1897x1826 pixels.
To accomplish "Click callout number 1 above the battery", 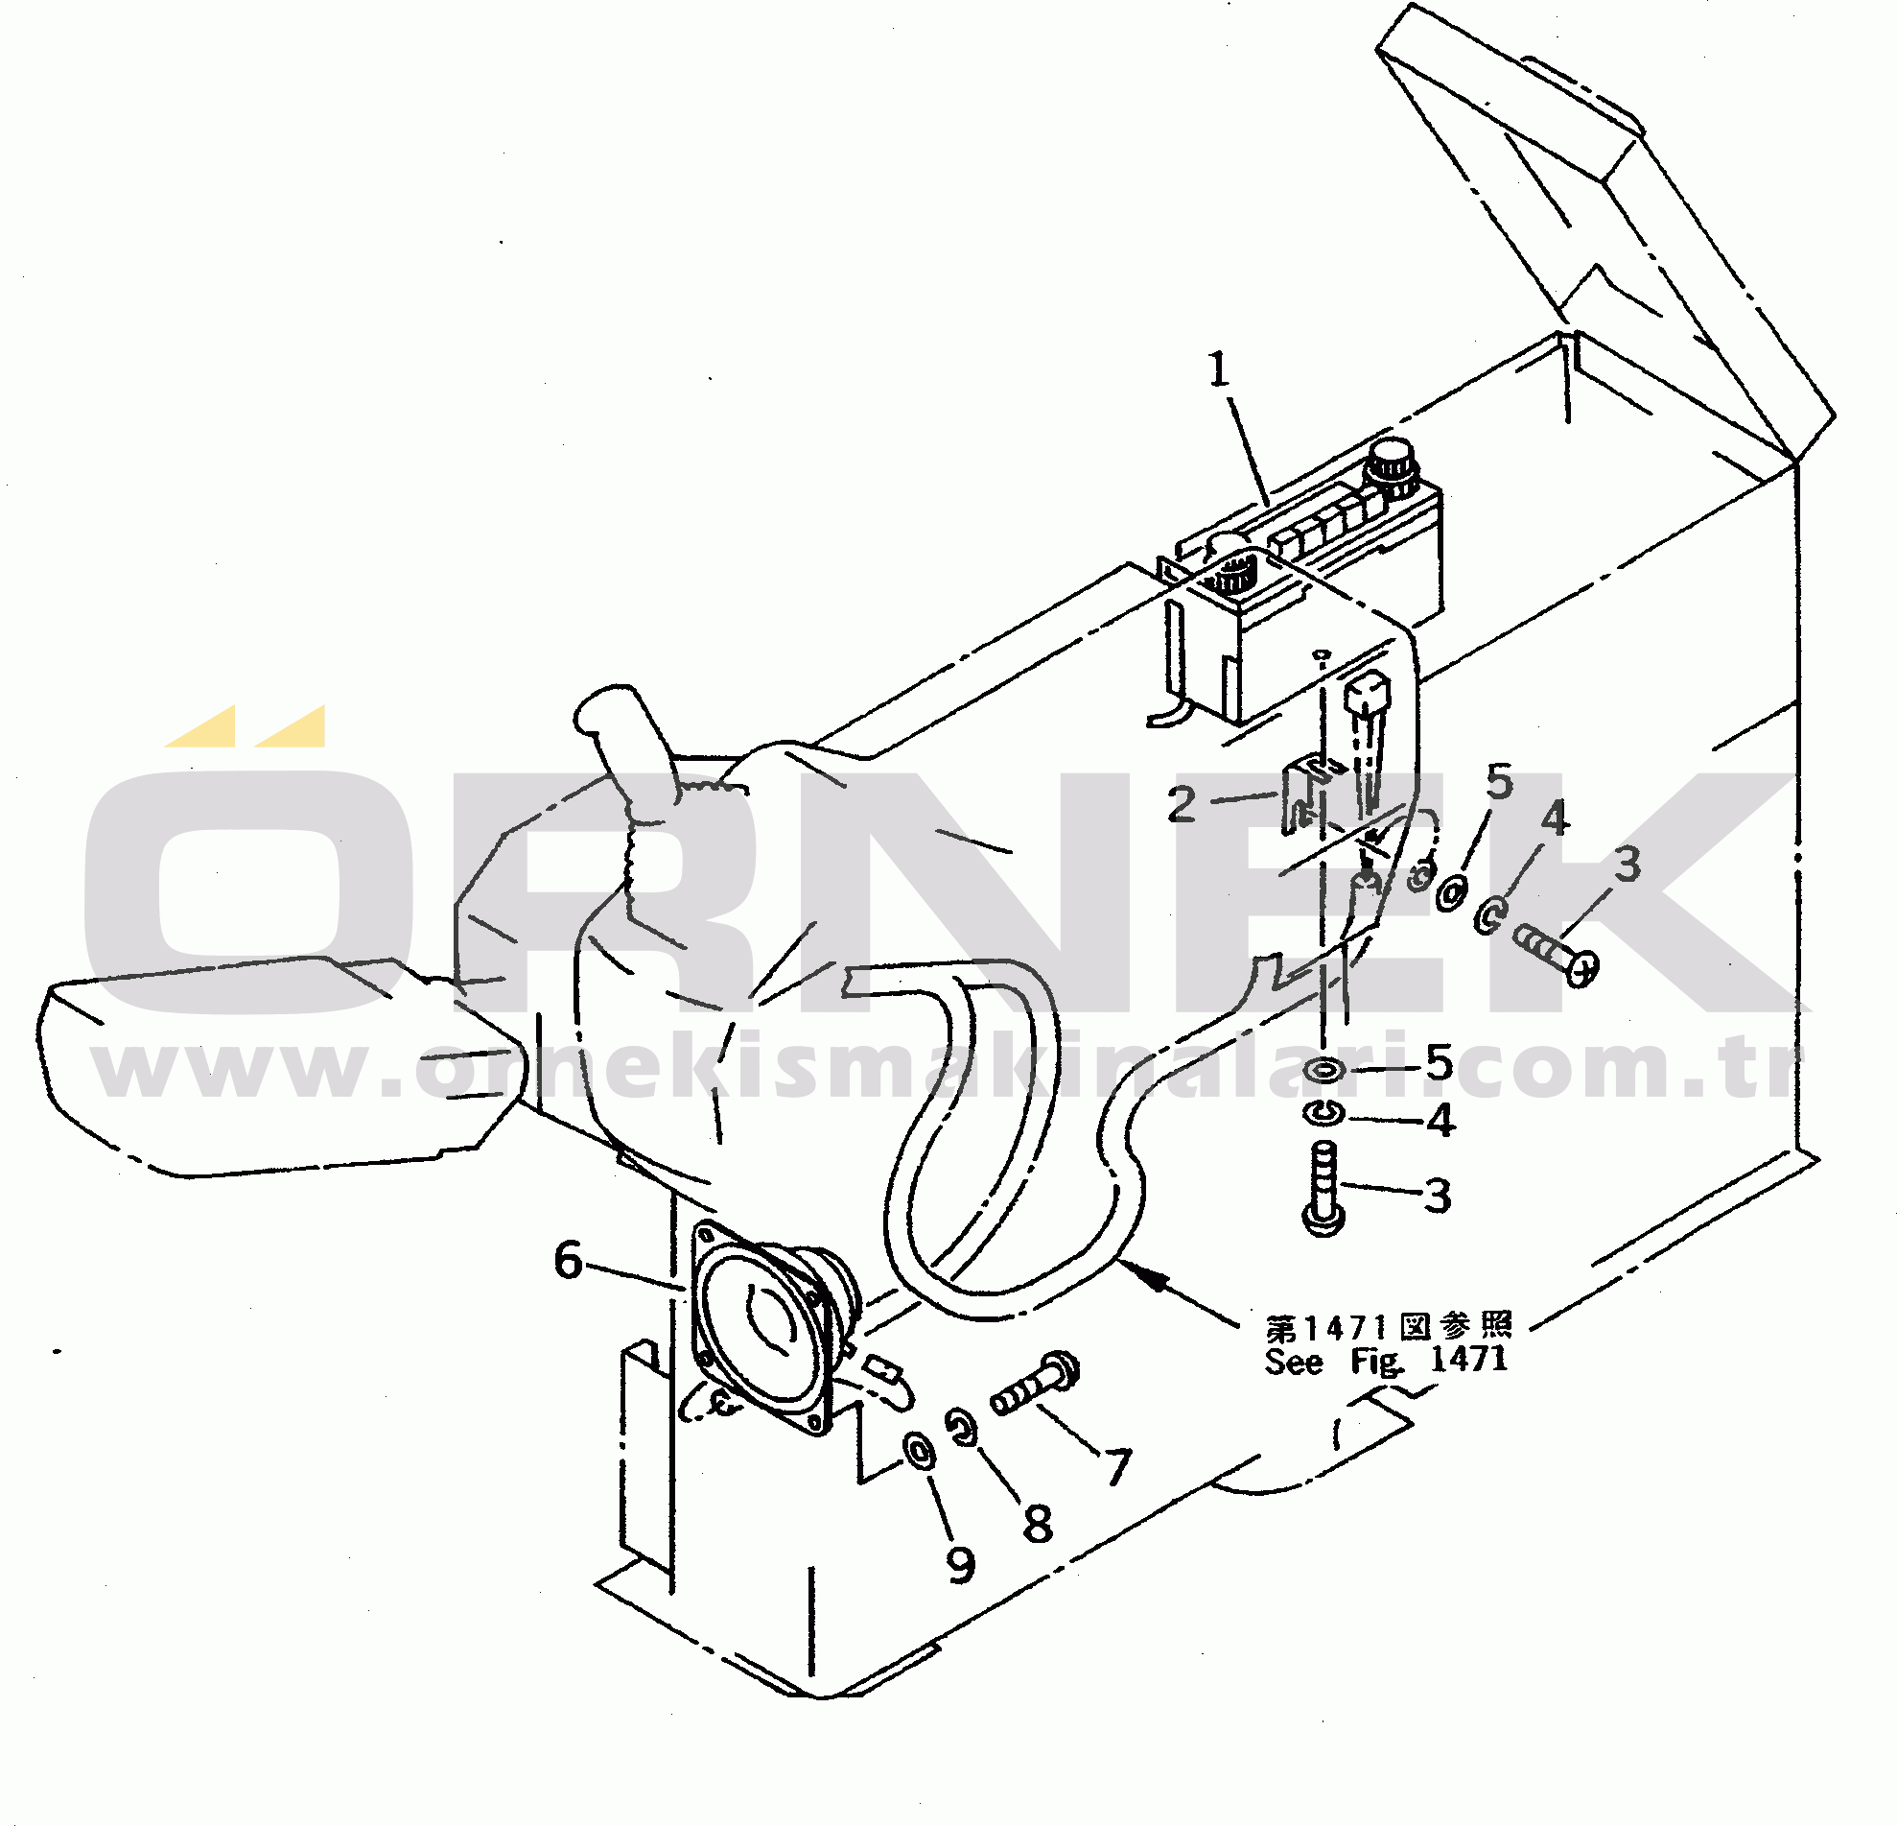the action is pos(1219,369).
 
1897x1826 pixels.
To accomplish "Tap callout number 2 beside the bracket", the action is pos(1183,804).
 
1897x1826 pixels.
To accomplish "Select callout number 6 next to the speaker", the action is pos(568,1260).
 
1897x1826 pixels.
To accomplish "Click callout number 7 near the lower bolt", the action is pos(1119,1468).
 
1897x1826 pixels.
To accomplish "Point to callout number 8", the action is pos(1038,1524).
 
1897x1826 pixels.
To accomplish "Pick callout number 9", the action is pos(960,1565).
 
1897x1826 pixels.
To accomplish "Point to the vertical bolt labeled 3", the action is pos(1324,1188).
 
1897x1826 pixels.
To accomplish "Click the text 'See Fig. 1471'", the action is pos(1386,1361).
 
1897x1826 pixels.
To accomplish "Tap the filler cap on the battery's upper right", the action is pos(1388,464).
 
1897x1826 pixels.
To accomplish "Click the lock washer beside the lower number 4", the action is pos(1323,1114).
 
